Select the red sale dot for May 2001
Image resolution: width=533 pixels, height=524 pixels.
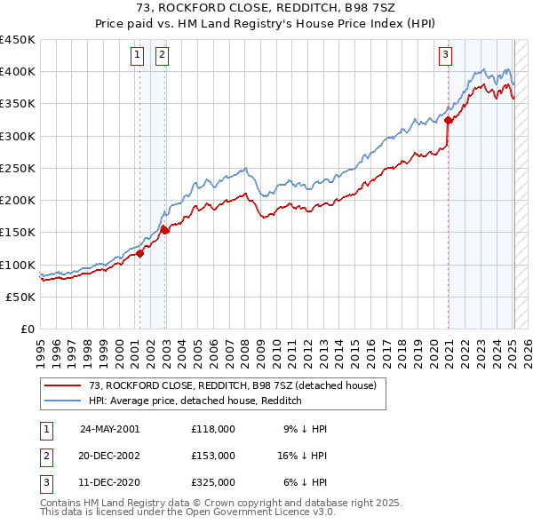click(x=140, y=254)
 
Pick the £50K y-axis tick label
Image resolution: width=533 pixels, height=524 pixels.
click(x=22, y=298)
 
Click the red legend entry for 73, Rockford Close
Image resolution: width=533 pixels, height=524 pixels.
click(x=233, y=385)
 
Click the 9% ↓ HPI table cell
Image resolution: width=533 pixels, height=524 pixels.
click(x=305, y=429)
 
